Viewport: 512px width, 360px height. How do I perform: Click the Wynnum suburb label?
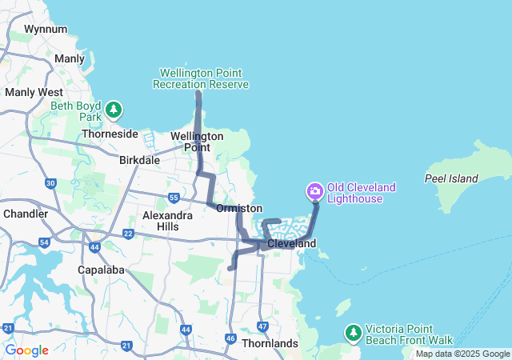coord(40,29)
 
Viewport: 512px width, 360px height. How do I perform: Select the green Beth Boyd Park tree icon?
coord(114,109)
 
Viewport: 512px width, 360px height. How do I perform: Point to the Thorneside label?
coord(109,134)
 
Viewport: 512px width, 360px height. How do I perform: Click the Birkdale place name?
coord(139,160)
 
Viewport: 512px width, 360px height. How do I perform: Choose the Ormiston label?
coord(239,208)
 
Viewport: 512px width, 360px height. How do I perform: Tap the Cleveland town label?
coord(291,243)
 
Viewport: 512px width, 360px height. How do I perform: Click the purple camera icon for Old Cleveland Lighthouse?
coord(314,190)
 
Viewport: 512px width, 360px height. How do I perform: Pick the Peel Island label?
coord(451,178)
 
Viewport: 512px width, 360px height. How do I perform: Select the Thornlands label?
coord(270,343)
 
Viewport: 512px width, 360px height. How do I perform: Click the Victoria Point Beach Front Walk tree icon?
coord(353,331)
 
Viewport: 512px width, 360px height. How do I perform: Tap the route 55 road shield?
coord(174,197)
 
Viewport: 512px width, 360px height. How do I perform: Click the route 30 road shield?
coord(50,184)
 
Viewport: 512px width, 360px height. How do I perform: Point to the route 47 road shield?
coord(262,326)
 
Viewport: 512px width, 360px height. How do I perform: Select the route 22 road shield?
coord(128,234)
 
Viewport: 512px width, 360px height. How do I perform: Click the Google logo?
coord(26,350)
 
